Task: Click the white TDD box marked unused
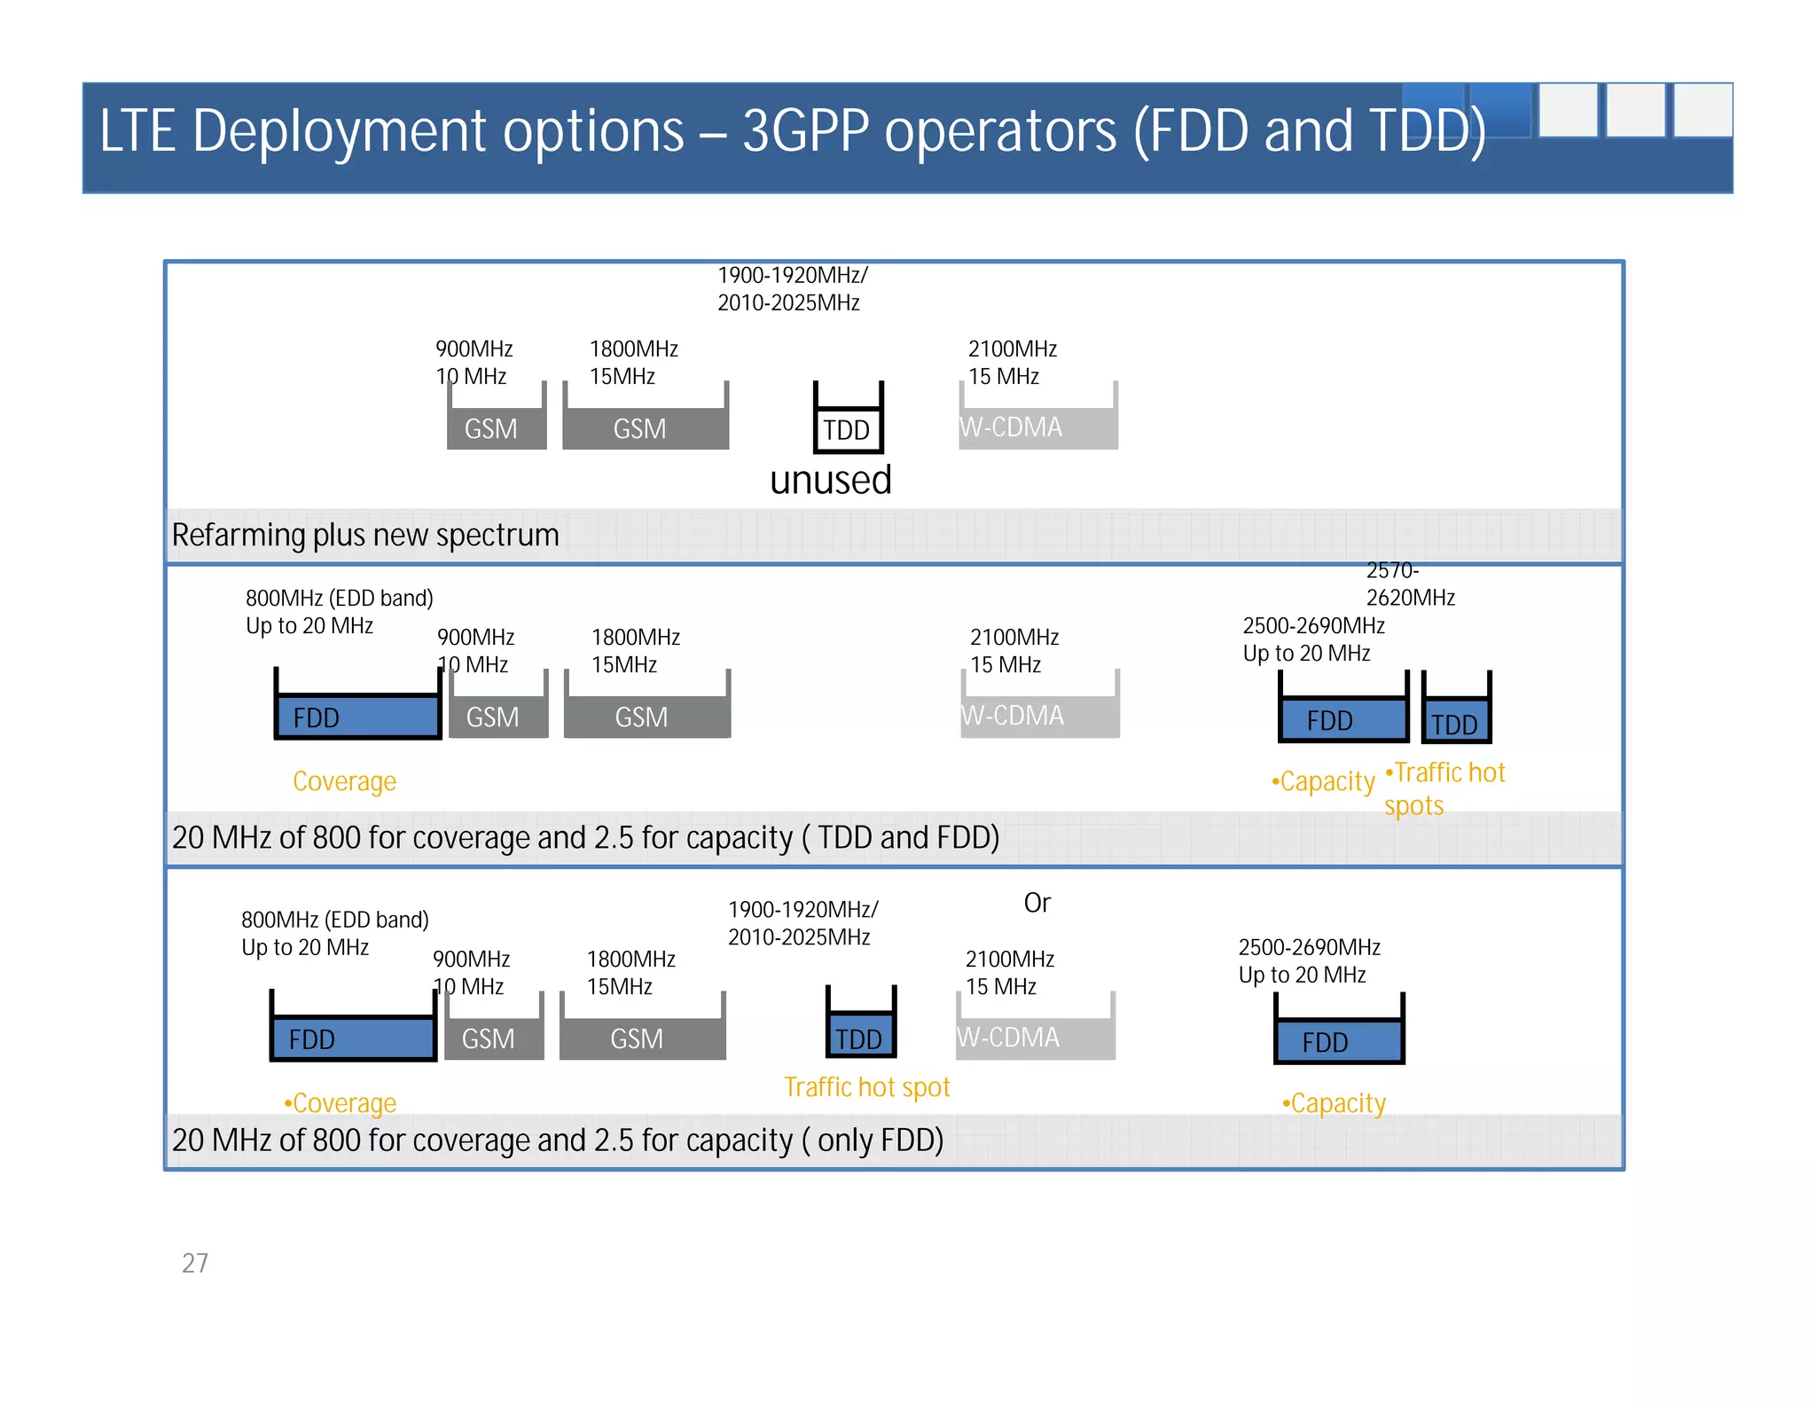[x=848, y=429]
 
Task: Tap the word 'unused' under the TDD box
[x=830, y=481]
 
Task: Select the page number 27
[x=195, y=1263]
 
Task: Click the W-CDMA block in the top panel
[x=1037, y=427]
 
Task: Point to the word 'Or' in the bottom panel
[x=1037, y=903]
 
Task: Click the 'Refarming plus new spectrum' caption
[x=365, y=536]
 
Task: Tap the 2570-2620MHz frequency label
[x=1409, y=584]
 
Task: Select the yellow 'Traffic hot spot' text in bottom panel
[x=866, y=1087]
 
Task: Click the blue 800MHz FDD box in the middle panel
[x=357, y=717]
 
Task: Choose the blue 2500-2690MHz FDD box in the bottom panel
[x=1339, y=1041]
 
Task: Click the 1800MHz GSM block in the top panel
[x=645, y=428]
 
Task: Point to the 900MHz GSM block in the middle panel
[x=497, y=717]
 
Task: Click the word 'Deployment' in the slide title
[x=438, y=131]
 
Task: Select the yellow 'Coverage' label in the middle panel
[x=344, y=781]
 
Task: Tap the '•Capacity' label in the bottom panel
[x=1334, y=1103]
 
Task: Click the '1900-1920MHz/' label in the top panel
[x=792, y=276]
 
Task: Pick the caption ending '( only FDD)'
[x=557, y=1140]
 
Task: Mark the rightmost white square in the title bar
[x=1702, y=110]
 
